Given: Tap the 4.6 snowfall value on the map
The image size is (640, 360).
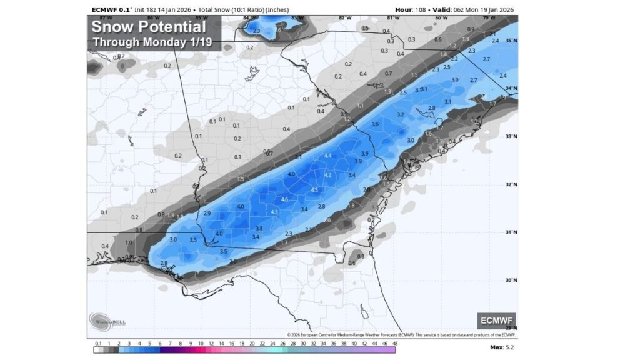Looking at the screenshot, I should tap(285, 199).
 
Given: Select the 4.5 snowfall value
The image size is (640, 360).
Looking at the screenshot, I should tap(314, 190).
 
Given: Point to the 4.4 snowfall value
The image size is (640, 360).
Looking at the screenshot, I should tap(327, 155).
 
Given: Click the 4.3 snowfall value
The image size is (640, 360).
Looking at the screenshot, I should tap(274, 212).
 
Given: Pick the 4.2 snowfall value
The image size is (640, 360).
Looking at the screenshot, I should tap(327, 175).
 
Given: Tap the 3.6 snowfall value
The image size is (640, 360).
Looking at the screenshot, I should tap(375, 124).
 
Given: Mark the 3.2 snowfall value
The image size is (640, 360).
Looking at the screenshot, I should tap(401, 114).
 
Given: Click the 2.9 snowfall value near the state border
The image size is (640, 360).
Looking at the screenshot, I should tap(207, 214).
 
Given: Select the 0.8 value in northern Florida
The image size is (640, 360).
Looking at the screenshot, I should tap(361, 256).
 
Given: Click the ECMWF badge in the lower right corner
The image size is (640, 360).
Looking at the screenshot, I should tap(496, 321).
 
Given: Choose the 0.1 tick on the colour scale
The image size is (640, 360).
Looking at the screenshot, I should tap(98, 344).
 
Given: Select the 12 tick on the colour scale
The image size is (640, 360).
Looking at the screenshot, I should tap(211, 344).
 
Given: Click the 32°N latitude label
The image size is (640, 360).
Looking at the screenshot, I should tap(511, 184).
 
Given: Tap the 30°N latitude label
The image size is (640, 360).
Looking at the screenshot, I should tap(511, 281).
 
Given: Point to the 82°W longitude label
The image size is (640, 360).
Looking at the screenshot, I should tap(341, 17).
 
